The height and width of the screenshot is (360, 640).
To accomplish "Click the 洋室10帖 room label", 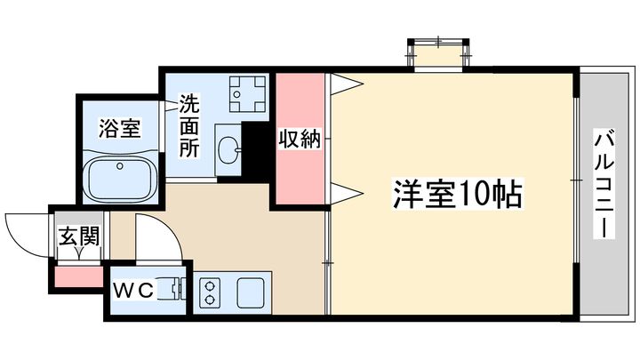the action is pos(458,194).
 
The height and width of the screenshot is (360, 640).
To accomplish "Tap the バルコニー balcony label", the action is pos(604,185).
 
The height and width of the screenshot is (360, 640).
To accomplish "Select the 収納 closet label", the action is pos(300,139).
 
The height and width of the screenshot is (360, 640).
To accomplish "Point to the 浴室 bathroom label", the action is pos(120,129).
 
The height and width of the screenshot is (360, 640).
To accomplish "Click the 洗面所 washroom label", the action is pos(189,125).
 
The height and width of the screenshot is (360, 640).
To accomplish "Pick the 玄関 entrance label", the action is pos(79,236).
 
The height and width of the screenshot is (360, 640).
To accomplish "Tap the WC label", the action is pos(133,291).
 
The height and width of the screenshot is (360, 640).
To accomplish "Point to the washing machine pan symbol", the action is pos(247,94).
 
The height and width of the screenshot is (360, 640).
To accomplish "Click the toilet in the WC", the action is pos(172,290).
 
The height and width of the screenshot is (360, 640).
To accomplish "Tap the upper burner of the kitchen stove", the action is pos(210,285).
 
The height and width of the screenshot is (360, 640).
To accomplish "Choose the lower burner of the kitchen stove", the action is pos(210,300).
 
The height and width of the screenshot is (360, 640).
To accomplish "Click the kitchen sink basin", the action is pos(251,293).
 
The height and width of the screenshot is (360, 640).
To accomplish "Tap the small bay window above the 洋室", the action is pos(439,55).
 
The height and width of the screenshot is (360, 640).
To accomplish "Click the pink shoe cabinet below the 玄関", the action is pos(79,276).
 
